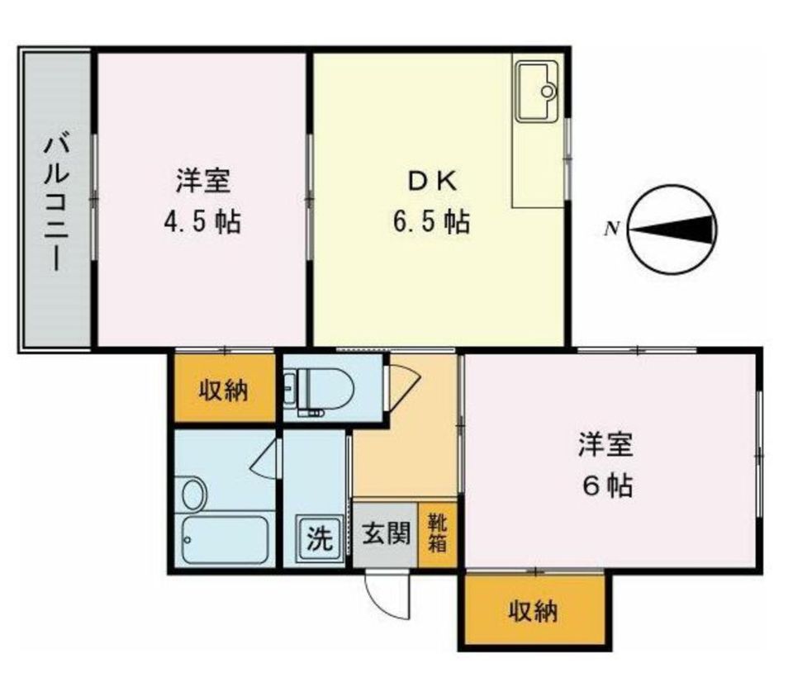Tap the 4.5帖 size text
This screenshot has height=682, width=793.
coord(202,221)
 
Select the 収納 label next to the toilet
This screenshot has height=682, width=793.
coord(223,390)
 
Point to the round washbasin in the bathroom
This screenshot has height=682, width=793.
coord(193,495)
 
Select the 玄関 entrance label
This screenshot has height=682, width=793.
coord(385,534)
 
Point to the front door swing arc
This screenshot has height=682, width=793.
coord(387,596)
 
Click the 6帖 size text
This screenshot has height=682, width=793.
coord(607,486)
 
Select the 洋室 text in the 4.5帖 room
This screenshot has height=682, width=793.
coord(202,180)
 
